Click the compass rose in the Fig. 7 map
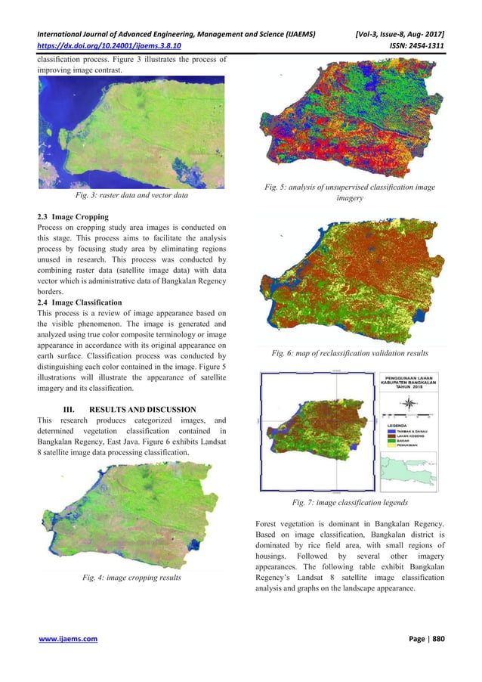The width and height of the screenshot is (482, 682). pyautogui.click(x=409, y=403)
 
